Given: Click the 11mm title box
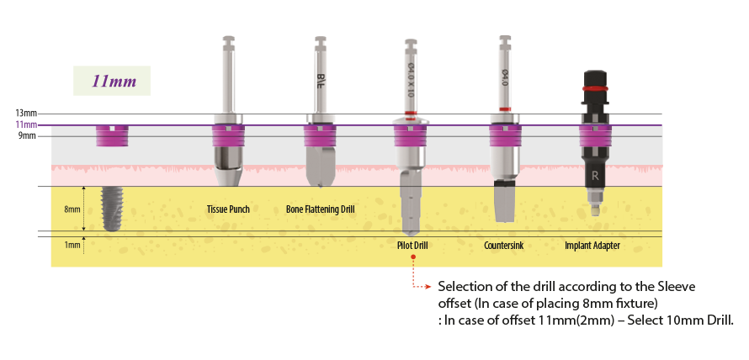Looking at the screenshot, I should (112, 83).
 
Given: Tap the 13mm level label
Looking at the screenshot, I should (25, 113).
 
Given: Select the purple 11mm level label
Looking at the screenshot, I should (25, 124).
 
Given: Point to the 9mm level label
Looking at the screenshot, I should (27, 135).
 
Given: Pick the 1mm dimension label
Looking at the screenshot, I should (72, 245).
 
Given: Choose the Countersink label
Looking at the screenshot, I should (505, 246).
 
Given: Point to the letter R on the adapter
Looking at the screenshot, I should (596, 177).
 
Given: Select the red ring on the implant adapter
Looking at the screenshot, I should (596, 87).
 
